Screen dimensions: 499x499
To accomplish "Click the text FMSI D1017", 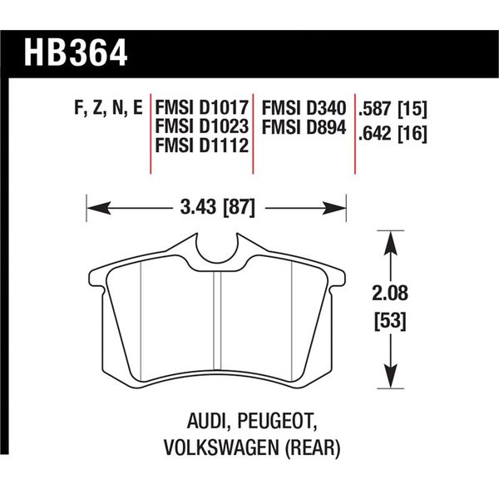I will click(x=202, y=108).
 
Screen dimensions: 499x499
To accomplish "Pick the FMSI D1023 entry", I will click(x=202, y=126).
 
